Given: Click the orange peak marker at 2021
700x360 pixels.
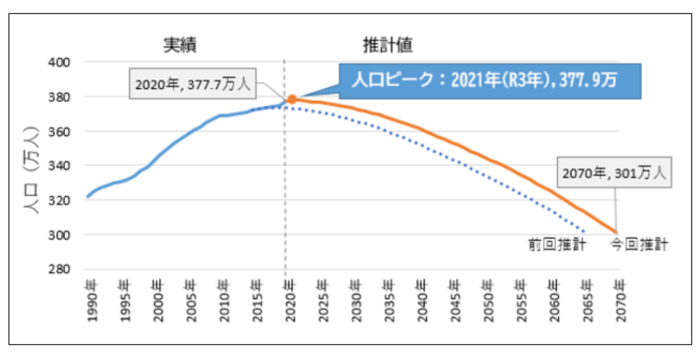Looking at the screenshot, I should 292,99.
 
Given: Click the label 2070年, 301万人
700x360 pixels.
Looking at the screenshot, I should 614,174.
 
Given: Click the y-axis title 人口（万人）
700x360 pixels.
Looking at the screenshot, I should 33,166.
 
